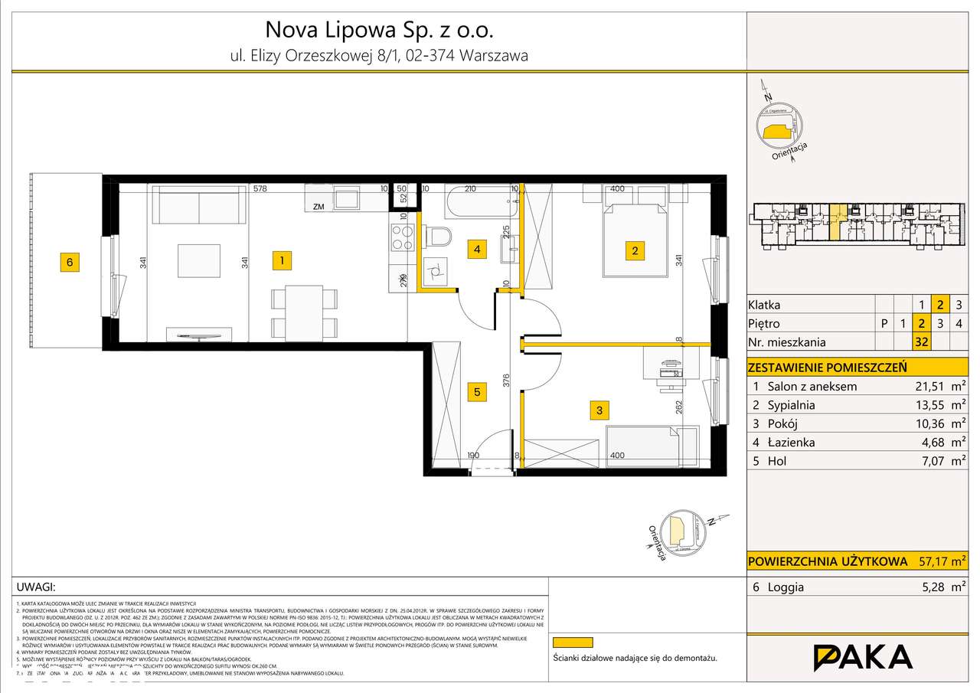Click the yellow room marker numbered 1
[283, 261]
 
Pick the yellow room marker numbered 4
[477, 249]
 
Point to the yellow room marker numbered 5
[477, 392]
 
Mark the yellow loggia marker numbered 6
[70, 262]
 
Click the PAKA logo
[862, 658]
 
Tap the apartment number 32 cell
[922, 342]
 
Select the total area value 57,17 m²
[942, 561]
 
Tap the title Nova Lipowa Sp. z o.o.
[380, 30]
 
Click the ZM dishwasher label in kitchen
[317, 205]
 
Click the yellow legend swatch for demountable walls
[573, 642]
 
